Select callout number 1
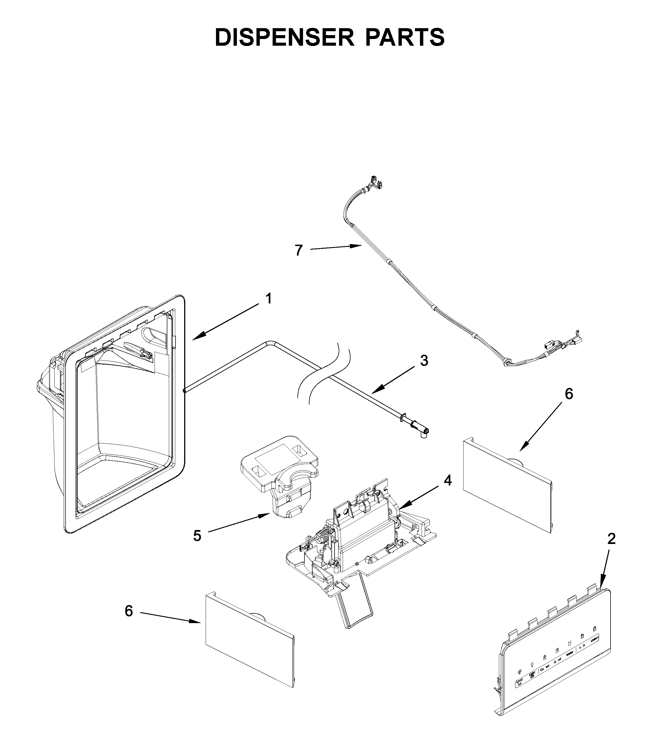pos(269,299)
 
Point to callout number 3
pos(424,361)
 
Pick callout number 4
pos(447,480)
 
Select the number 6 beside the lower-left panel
pos(128,611)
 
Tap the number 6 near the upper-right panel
pos(569,394)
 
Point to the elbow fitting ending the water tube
pos(424,434)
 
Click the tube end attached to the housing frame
pos(184,391)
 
